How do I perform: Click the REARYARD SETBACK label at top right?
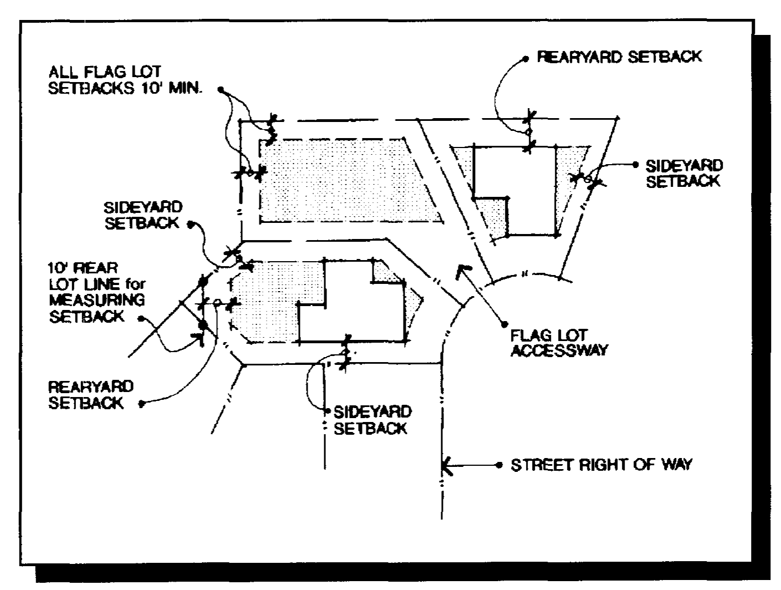coord(619,57)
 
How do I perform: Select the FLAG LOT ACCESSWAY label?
coord(558,343)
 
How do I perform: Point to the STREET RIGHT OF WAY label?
coord(601,465)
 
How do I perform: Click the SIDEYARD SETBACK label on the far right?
coord(684,174)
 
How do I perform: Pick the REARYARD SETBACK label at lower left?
coord(91,394)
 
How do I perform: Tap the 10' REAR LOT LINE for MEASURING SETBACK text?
coord(96,292)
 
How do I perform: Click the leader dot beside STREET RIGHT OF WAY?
coord(499,465)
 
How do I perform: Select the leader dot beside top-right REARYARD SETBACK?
coord(525,58)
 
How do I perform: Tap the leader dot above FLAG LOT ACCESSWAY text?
coord(504,324)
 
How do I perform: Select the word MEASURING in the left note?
coord(97,300)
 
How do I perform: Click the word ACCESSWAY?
coord(558,350)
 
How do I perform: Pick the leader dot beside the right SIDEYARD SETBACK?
coord(635,165)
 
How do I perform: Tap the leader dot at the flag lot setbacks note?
coord(221,89)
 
